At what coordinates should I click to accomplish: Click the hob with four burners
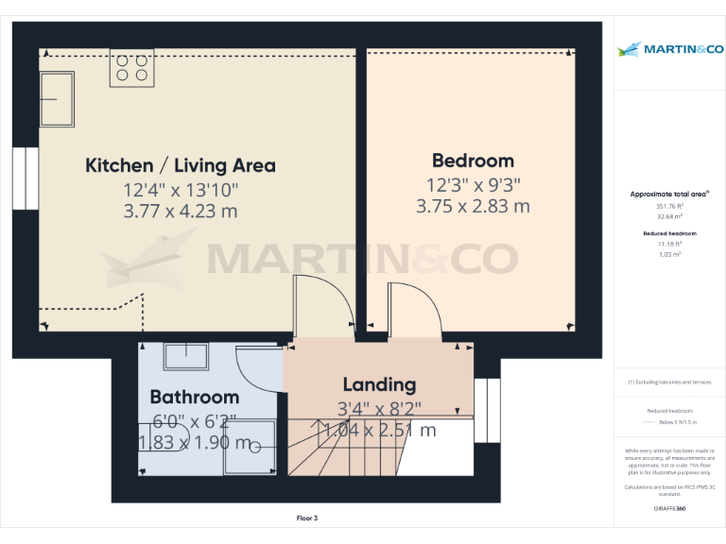[131, 68]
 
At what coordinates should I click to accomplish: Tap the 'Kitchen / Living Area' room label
[181, 165]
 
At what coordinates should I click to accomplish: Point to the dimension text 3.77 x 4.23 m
[181, 211]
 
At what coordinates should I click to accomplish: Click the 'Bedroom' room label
[473, 161]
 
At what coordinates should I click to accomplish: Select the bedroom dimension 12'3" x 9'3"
[473, 185]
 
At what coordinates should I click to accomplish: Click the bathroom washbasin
[186, 357]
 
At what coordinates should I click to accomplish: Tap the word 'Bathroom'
[194, 397]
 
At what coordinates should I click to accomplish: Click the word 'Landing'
[379, 384]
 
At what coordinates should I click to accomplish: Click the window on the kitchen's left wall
[26, 177]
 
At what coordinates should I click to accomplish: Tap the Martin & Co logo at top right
[669, 49]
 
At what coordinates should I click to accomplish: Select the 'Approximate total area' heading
[669, 194]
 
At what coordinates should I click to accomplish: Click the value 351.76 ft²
[669, 205]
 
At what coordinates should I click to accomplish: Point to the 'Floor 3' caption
[307, 518]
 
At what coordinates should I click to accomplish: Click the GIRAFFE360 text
[669, 509]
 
